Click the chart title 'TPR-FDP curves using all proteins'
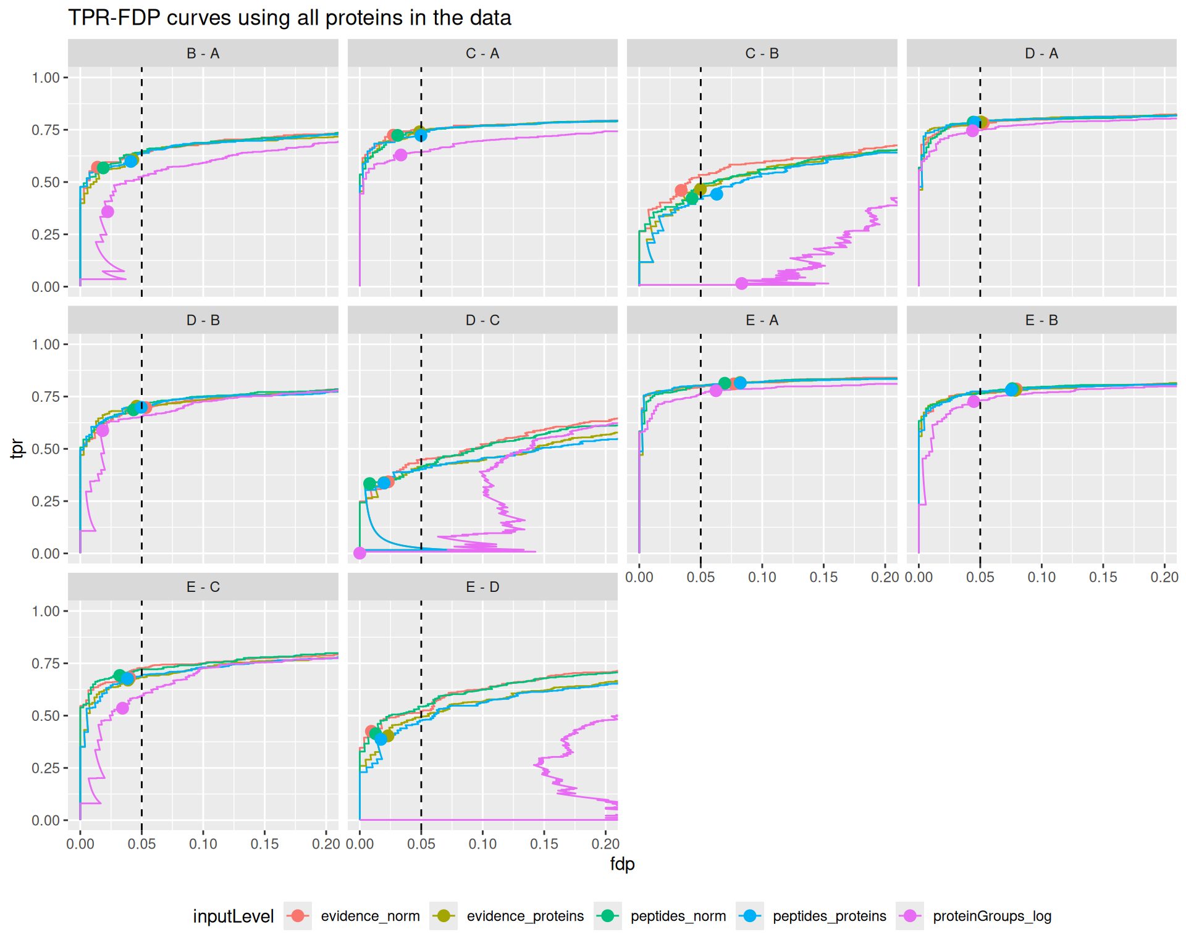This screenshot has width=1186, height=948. coord(289,17)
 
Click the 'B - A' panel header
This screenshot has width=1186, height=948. coord(203,54)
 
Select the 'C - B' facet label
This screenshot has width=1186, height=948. coord(762,54)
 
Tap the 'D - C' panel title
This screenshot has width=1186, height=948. coord(482,320)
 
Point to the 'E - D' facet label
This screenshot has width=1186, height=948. coord(482,587)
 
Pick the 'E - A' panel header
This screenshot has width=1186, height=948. coord(762,320)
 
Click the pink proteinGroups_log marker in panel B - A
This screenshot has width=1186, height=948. coord(107,212)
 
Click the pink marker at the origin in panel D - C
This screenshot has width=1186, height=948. coord(360,553)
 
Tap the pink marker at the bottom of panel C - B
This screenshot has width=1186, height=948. coord(741,283)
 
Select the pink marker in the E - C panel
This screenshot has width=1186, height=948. coord(122,708)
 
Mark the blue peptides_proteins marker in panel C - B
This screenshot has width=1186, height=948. coord(717,194)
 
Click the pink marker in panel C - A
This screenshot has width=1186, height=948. coord(401,155)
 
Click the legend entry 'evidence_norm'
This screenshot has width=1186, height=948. coord(370,917)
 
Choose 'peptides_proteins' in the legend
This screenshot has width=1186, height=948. coord(829,917)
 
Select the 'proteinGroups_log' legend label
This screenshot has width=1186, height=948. coord(992,917)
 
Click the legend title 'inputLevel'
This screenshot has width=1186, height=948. coord(233,917)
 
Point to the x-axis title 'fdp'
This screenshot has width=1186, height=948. coord(622,864)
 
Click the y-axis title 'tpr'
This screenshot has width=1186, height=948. coord(17,449)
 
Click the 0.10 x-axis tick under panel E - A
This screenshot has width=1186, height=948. coord(762,577)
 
